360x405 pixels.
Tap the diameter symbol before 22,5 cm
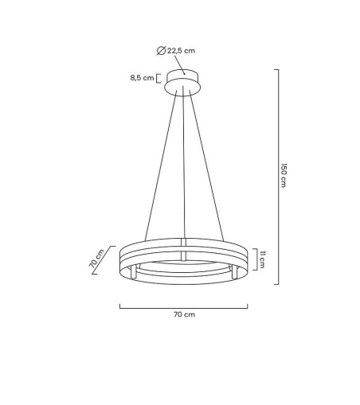pos(162,50)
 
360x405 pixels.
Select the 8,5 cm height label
pos(143,78)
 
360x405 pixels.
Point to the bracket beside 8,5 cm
pos(159,78)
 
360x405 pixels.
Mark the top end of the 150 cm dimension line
pos(277,69)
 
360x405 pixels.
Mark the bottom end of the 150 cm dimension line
pos(277,283)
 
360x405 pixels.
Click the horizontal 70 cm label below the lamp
pos(183,314)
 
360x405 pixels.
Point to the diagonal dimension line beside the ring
pos(104,260)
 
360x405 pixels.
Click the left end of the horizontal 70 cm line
pos(120,306)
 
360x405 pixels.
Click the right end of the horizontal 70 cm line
pos(248,306)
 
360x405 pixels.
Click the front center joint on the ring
pos(183,256)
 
